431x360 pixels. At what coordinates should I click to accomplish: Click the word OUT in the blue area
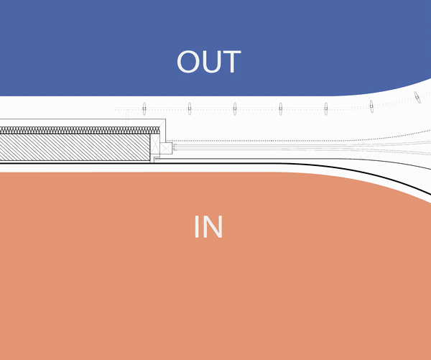pos(209,62)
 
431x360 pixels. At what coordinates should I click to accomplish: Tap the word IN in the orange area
pos(208,227)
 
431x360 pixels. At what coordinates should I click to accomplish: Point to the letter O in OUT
pos(188,62)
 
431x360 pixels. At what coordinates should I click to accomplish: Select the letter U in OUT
pos(211,62)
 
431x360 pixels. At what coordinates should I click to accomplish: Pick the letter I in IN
pos(197,227)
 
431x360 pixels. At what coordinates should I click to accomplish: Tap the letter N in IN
pos(213,227)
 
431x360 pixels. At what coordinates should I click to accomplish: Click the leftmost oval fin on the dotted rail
pos(144,109)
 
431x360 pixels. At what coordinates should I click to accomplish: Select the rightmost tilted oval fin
pos(417,97)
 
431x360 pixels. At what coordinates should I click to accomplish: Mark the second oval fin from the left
pos(190,109)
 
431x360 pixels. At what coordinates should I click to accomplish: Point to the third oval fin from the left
pos(235,109)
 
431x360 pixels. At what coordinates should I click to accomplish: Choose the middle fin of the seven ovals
pos(280,109)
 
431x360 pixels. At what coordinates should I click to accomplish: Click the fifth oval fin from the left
pos(326,109)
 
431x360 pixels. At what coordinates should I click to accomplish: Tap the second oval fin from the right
pos(371,106)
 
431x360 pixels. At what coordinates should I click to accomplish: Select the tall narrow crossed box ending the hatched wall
pos(155,143)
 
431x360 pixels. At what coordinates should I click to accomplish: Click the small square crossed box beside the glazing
pos(166,148)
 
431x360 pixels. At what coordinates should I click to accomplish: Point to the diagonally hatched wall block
pos(75,147)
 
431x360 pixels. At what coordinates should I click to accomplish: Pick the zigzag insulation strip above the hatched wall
pos(80,130)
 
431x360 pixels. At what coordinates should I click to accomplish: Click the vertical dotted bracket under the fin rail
pos(127,118)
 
